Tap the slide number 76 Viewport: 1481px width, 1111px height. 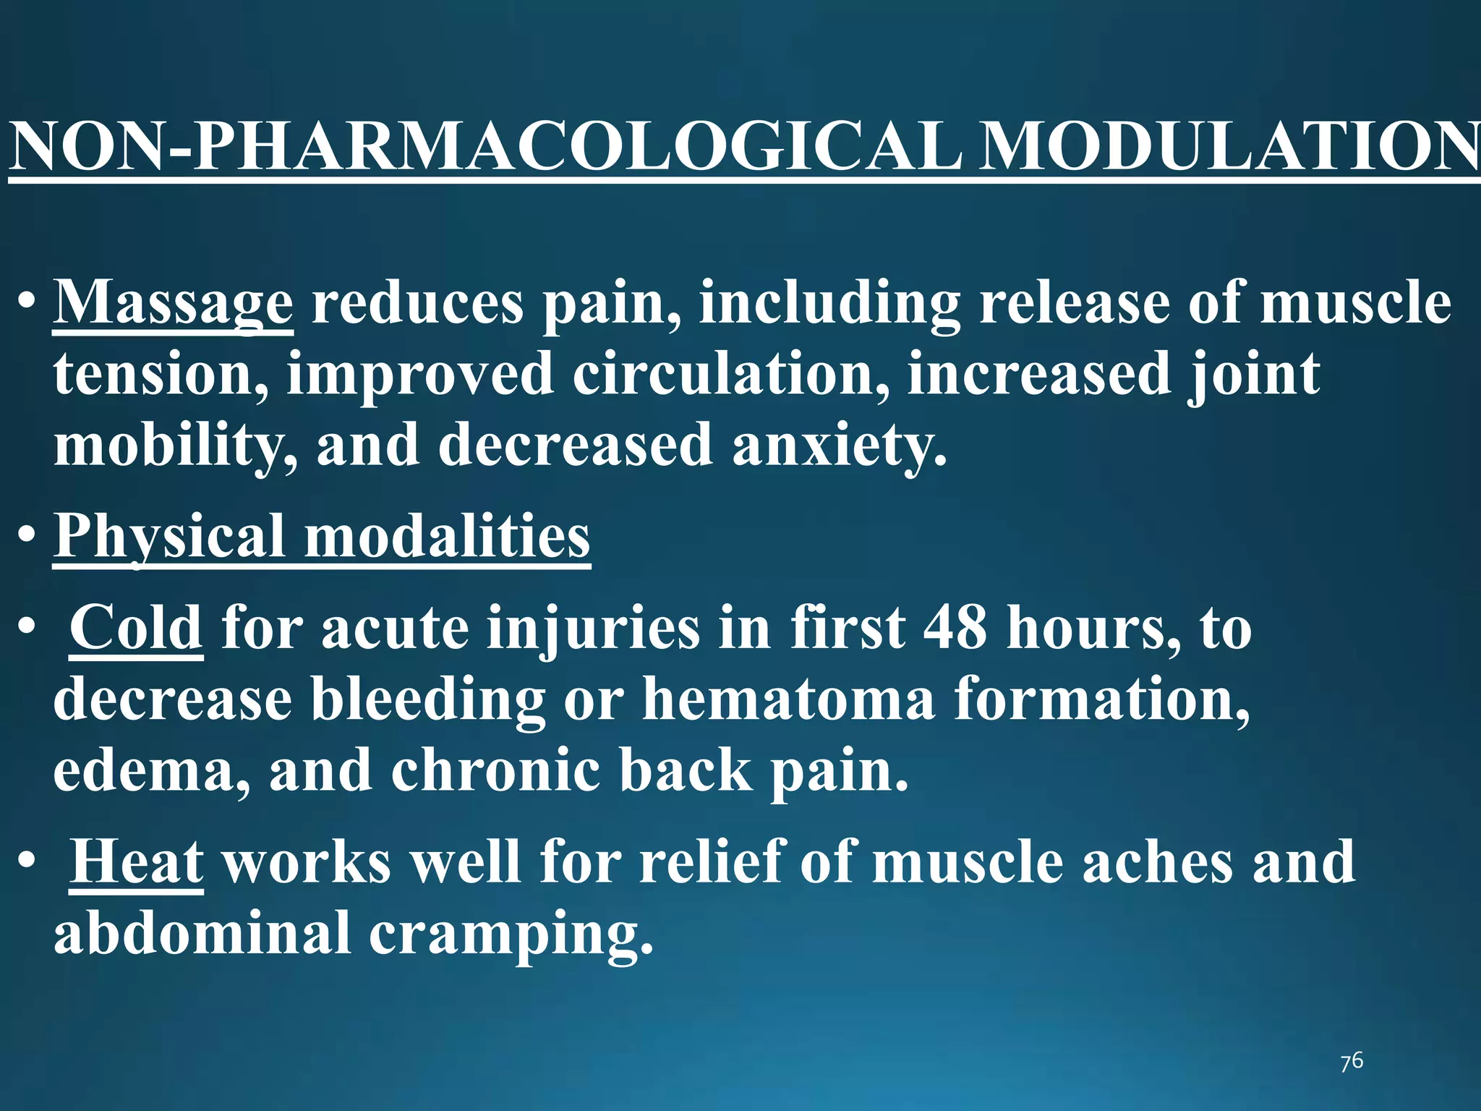[1352, 1062]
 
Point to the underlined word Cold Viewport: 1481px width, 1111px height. [136, 628]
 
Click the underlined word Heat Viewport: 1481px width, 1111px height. [136, 862]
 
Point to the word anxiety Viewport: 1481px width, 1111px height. [839, 446]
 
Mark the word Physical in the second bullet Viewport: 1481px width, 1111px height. [170, 538]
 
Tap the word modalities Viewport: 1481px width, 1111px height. [447, 537]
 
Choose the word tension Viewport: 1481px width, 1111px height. [161, 375]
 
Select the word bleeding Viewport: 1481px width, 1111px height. [428, 700]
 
